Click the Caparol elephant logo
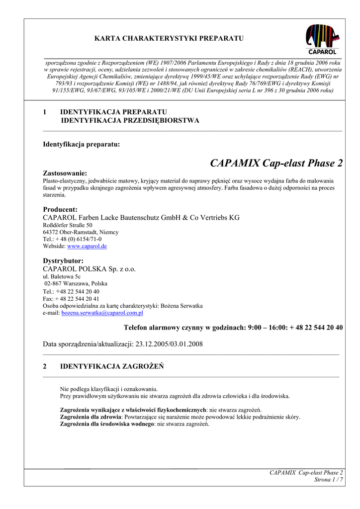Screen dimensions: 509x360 coord(323,39)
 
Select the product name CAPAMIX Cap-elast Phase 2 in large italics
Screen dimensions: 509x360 coord(276,164)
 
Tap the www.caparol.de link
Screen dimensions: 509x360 coord(87,246)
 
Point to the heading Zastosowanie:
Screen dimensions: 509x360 coord(65,173)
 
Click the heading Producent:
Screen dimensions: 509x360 coord(60,210)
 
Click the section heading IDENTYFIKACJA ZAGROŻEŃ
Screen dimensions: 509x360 coord(112,366)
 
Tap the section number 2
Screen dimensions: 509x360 coord(45,366)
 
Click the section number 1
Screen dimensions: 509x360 coord(45,112)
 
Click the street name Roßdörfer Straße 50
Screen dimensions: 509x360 coord(68,225)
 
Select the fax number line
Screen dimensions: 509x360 coord(71,299)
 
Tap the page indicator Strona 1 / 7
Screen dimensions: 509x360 coord(328,480)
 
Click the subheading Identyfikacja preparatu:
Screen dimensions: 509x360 coord(82,145)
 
